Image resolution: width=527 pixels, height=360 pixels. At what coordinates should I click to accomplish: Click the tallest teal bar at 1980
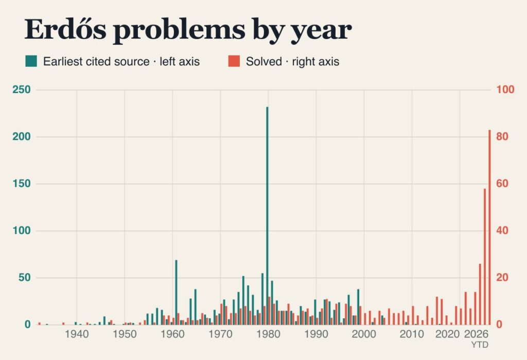point(267,216)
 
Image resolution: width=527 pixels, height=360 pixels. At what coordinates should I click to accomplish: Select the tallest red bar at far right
point(490,227)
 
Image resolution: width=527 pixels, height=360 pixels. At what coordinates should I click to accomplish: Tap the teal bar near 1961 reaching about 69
point(176,292)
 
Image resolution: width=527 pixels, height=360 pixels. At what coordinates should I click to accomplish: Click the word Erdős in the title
point(65,29)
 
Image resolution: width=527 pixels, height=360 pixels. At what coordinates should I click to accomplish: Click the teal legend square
point(31,61)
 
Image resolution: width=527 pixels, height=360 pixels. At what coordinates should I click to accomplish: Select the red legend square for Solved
point(234,61)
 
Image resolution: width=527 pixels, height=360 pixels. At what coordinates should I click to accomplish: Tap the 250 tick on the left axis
point(22,89)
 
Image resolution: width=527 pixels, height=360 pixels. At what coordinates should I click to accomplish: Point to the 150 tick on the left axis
point(22,184)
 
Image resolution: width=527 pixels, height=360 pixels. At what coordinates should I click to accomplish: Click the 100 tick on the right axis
point(505,89)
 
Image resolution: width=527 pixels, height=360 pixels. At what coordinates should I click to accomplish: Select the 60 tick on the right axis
point(502,184)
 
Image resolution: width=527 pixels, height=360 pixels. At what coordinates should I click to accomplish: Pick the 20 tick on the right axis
point(502,278)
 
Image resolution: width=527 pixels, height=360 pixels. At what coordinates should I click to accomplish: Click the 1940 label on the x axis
point(77,334)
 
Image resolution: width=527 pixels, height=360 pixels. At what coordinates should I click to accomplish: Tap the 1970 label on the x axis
point(220,334)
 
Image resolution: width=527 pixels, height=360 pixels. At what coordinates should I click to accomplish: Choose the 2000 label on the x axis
point(364,334)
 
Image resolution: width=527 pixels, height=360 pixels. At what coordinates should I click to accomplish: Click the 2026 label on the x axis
point(476,334)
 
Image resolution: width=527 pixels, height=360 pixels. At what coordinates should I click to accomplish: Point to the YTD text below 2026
point(480,345)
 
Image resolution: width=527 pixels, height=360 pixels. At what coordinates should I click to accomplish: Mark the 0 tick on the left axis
point(28,325)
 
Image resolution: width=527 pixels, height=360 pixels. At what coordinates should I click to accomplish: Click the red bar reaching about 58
point(485,257)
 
